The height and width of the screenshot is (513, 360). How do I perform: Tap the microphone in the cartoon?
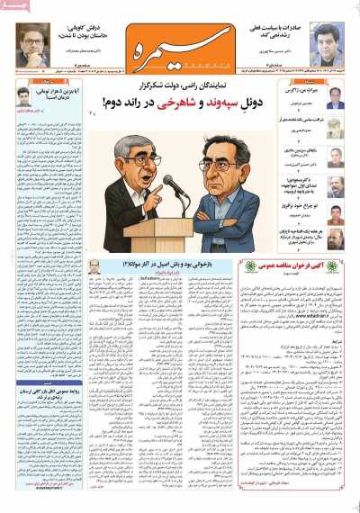point(166,184)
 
